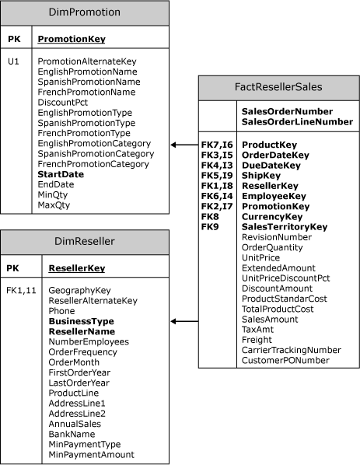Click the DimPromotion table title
84,12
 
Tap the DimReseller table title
84,242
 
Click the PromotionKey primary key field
72,38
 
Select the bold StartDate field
61,175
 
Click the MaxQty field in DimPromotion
53,206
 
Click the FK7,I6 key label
217,145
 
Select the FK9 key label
210,226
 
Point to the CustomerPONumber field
291,360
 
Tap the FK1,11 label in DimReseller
22,290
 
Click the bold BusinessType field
81,320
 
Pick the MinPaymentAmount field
91,454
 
